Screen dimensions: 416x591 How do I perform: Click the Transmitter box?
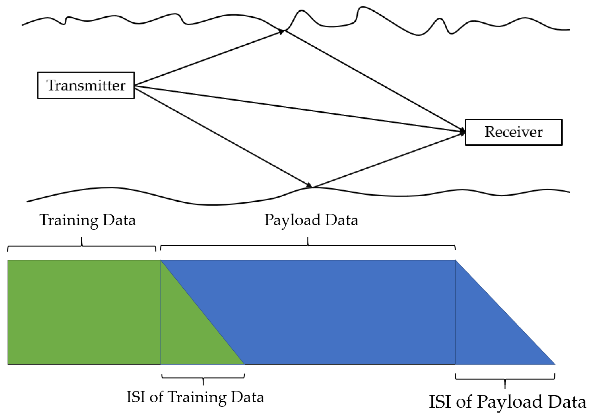[x=86, y=85]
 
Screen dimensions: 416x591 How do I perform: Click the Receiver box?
[x=513, y=132]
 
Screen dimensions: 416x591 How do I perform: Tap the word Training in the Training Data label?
[x=69, y=220]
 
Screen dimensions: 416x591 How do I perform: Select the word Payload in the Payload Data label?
[x=292, y=220]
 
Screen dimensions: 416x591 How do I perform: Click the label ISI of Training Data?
[x=195, y=397]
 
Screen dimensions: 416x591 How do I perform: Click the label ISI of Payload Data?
[x=507, y=402]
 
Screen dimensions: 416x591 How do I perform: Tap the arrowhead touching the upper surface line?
[x=281, y=32]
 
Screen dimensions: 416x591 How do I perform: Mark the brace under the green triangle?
[x=203, y=378]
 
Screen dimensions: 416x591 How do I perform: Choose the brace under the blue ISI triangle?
[x=505, y=379]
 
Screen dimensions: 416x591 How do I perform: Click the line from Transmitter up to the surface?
[x=208, y=58]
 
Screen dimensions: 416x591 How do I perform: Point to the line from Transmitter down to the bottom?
[x=221, y=136]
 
